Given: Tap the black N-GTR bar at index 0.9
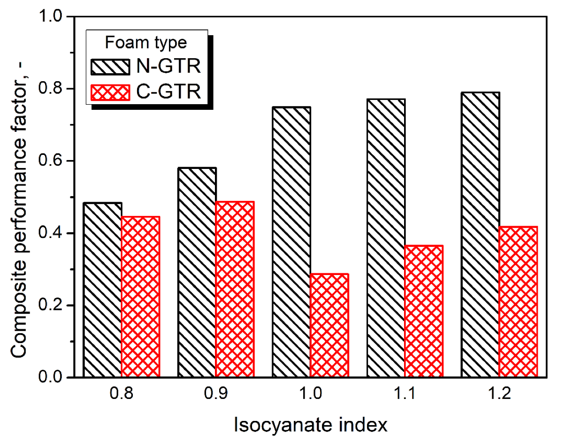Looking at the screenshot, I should [x=197, y=272].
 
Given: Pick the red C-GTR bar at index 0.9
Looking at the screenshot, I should [x=235, y=289].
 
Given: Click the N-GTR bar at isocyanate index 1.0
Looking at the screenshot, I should [x=291, y=242].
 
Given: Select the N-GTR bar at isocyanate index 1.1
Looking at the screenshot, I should [x=386, y=238].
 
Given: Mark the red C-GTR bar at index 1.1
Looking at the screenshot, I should [x=424, y=311].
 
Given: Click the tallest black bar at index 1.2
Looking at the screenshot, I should [x=481, y=235].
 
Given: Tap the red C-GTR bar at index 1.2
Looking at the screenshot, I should [x=519, y=302].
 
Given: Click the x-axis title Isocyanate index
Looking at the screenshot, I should [x=311, y=425].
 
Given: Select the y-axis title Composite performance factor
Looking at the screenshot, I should [x=20, y=197].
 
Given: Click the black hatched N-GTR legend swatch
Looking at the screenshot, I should [x=109, y=67].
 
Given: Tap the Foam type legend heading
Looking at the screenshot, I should [x=145, y=43].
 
